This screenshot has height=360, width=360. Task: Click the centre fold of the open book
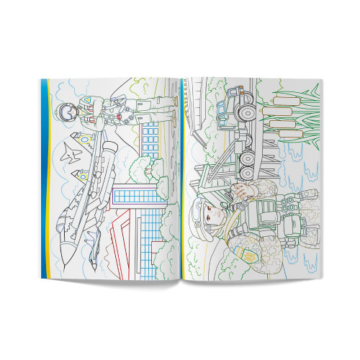tap(181, 180)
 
